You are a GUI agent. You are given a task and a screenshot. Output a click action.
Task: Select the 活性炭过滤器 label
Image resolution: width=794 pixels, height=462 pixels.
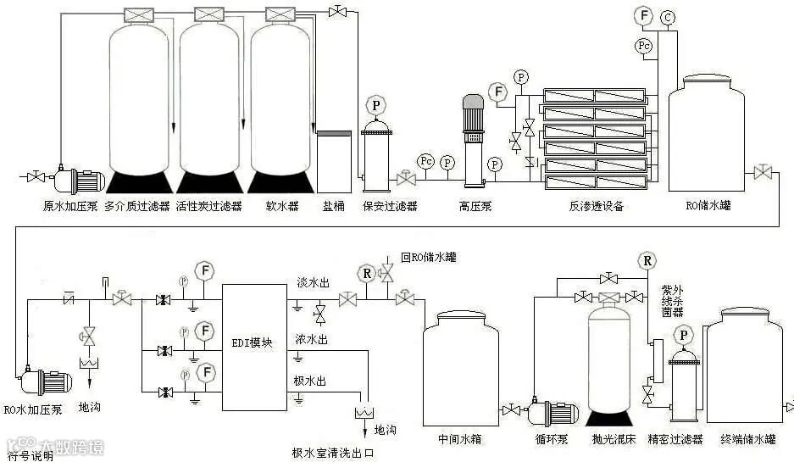(208, 206)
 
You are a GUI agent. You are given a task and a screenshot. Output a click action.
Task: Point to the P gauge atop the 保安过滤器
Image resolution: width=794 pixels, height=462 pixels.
(375, 106)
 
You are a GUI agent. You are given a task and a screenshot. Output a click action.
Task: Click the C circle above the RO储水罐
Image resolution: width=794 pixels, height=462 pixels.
(669, 17)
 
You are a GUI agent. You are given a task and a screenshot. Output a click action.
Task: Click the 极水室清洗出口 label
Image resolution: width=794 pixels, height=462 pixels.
(333, 454)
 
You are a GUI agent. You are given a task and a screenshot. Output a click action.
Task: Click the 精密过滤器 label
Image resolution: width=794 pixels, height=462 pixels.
(675, 439)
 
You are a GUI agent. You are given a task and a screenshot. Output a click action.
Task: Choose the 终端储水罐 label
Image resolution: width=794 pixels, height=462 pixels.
(747, 439)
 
